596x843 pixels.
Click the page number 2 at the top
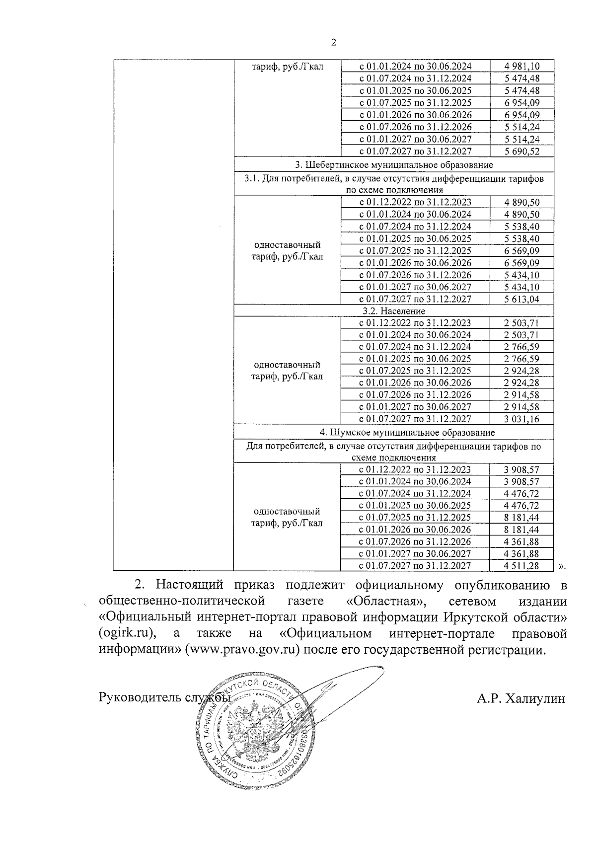[x=333, y=43]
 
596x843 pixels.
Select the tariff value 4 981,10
[x=521, y=67]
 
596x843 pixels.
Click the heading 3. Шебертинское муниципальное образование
[x=394, y=165]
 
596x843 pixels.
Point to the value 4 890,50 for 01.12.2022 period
[x=521, y=203]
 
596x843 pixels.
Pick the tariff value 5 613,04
[x=521, y=299]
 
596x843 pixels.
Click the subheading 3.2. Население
[x=394, y=311]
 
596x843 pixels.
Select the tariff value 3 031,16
[x=521, y=419]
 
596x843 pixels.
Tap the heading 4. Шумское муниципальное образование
[x=394, y=433]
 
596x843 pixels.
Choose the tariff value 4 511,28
[x=521, y=566]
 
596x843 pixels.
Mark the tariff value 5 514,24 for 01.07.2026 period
[x=521, y=128]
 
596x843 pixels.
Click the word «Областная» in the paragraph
[x=386, y=601]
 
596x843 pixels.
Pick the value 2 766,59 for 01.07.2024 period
[x=521, y=347]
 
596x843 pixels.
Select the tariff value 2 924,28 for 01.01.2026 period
[x=521, y=383]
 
